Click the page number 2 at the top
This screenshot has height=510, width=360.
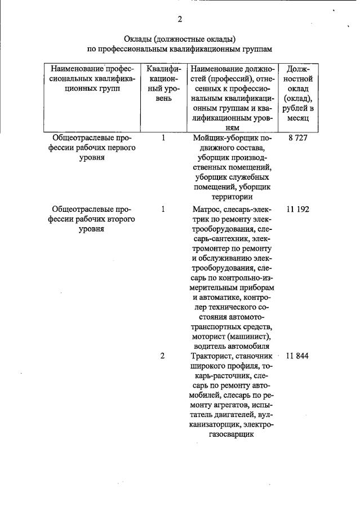point(180,19)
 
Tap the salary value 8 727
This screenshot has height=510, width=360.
point(296,138)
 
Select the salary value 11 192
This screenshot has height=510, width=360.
point(297,209)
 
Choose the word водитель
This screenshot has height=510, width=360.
point(209,346)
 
